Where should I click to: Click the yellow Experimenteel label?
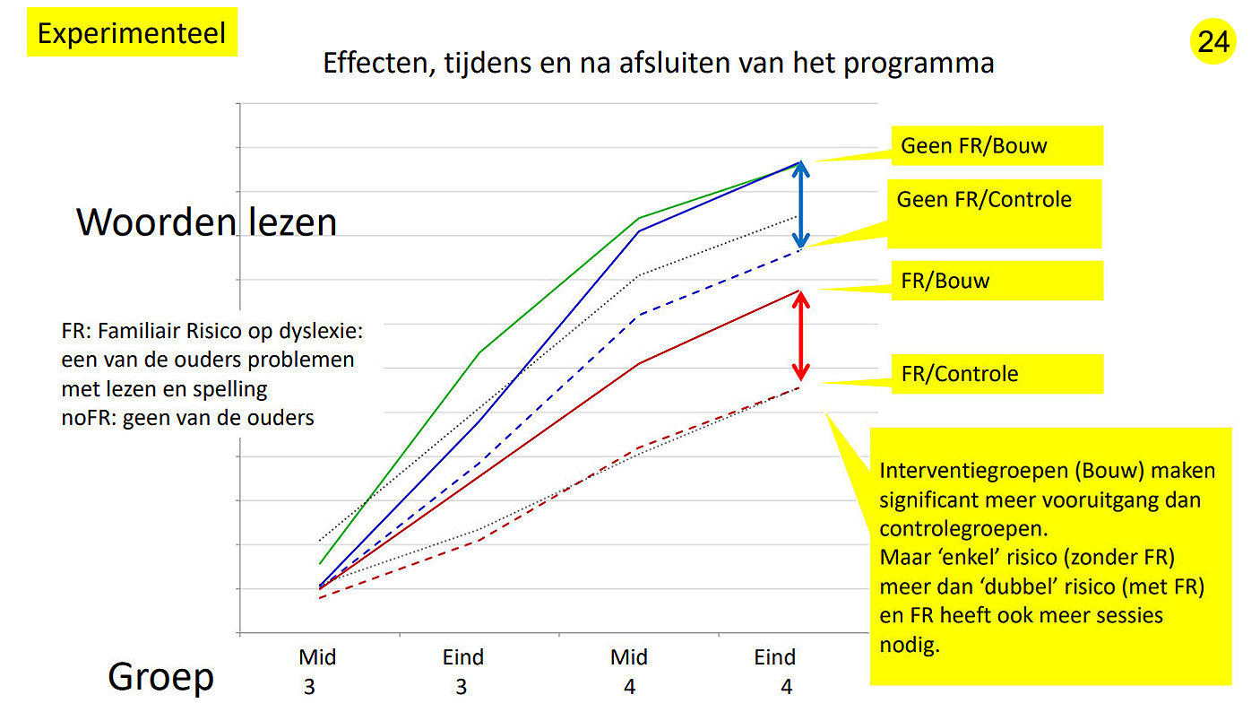point(132,33)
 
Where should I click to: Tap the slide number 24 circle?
point(1213,42)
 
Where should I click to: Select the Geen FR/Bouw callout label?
point(997,146)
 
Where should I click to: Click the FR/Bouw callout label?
point(997,281)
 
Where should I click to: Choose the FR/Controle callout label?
point(997,374)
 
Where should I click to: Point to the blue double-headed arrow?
point(801,204)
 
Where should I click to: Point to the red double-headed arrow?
point(801,335)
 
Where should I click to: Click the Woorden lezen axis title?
point(206,221)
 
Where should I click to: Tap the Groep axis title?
point(161,677)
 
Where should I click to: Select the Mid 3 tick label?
point(317,671)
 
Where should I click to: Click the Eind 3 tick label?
point(462,671)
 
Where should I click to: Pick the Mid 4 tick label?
point(629,671)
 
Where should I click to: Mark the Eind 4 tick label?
point(775,671)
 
